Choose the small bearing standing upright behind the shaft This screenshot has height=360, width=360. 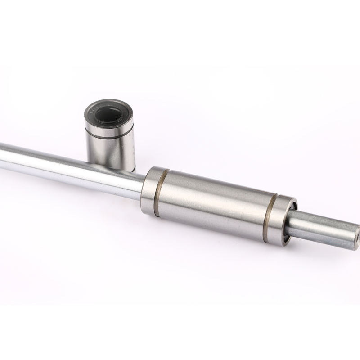109,135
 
